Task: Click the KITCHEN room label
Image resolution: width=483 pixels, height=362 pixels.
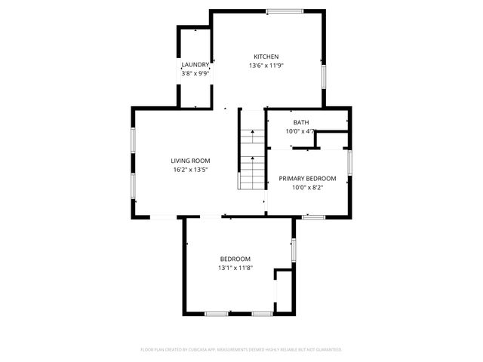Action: tap(266, 57)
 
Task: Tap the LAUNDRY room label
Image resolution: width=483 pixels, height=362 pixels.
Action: tap(195, 65)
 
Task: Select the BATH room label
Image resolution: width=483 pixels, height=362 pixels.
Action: tap(301, 122)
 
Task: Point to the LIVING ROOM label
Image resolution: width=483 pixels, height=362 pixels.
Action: tap(190, 161)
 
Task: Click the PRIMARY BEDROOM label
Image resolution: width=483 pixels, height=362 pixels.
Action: tap(307, 178)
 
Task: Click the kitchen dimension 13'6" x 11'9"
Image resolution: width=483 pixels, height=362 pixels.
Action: tap(266, 66)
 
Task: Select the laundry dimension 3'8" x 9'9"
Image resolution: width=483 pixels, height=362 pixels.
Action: tap(195, 73)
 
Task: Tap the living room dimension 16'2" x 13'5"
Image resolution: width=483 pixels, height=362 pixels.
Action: tap(190, 170)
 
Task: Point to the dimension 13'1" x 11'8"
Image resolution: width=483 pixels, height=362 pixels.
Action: tap(235, 268)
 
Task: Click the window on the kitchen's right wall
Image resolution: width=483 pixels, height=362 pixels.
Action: tap(324, 76)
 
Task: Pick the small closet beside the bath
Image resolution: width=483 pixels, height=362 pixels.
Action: tap(331, 140)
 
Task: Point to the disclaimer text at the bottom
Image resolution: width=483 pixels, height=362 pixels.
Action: tap(241, 350)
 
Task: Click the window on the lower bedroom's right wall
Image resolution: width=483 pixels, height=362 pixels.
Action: tap(294, 249)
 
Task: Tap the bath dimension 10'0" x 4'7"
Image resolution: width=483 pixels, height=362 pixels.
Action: tap(300, 131)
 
